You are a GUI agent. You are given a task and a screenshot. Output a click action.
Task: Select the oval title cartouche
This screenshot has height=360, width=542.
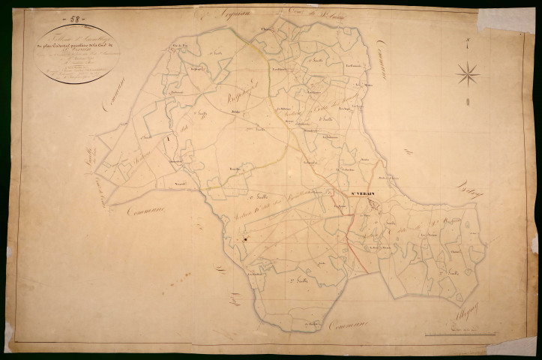[x=76, y=53]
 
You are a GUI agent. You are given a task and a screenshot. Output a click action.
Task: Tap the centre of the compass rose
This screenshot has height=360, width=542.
[x=467, y=73]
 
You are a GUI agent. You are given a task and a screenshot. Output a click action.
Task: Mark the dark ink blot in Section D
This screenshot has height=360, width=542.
[x=244, y=240]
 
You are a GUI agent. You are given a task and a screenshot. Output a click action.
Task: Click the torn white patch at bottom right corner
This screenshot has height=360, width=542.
[x=520, y=345]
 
